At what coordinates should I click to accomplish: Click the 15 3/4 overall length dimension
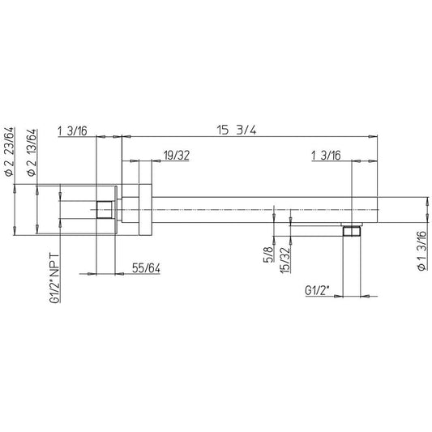coord(237,130)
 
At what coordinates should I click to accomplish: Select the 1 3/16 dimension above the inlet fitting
coord(72,130)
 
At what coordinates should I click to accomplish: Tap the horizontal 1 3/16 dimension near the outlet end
coord(326,156)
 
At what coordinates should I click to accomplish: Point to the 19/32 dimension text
coord(177,156)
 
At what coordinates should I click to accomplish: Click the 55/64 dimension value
coord(146,268)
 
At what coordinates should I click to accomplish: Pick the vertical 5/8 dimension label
coord(269,254)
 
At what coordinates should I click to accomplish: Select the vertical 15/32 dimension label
coord(285,260)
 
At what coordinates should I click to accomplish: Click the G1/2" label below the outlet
coord(317,291)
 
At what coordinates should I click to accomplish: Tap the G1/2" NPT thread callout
coord(55,279)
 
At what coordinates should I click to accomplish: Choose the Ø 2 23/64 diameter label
coord(9,152)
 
